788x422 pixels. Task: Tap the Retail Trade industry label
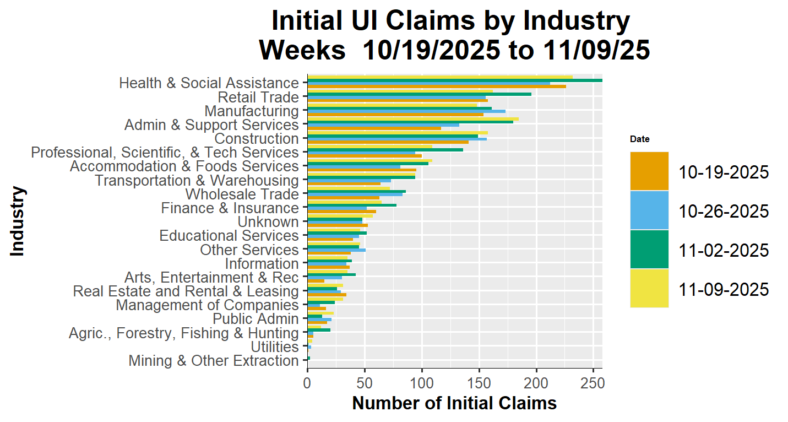coord(258,98)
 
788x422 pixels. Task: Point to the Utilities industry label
coord(275,347)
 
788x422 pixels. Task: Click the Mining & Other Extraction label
coord(214,361)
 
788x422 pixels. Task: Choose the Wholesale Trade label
coord(242,194)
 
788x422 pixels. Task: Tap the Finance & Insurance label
coord(230,208)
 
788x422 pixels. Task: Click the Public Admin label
coord(256,319)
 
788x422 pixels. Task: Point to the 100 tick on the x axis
coord(422,382)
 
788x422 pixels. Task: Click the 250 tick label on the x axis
coord(593,382)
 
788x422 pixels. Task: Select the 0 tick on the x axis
coord(307,382)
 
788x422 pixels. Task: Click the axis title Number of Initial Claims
coord(454,403)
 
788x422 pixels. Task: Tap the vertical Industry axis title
coord(18,221)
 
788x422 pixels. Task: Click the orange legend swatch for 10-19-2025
coord(649,171)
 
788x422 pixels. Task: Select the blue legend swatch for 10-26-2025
coord(649,210)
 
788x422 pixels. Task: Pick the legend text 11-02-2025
coord(724,250)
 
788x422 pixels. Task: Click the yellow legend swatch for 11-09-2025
coord(649,288)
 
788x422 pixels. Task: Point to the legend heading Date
coord(640,139)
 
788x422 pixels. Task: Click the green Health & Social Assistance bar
coord(454,80)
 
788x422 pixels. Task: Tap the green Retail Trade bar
coord(419,94)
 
